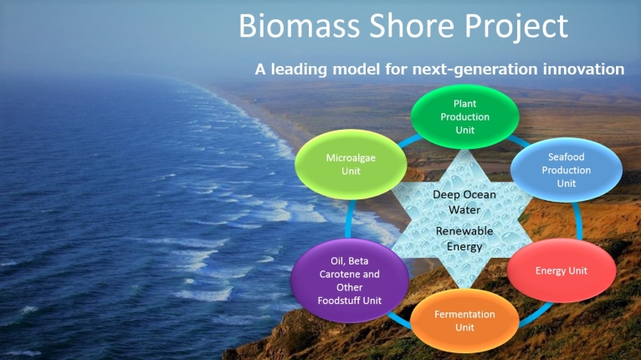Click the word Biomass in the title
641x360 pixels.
point(299,26)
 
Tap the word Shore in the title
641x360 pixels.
point(412,26)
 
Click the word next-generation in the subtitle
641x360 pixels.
point(475,69)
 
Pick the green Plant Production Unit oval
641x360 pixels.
point(464,116)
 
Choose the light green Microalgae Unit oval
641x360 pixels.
point(351,164)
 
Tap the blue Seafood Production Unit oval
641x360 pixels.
point(567,170)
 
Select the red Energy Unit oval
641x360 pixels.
point(562,270)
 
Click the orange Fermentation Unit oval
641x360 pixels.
point(464,321)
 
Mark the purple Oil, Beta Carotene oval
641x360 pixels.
point(350,280)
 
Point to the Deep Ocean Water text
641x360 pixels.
point(464,202)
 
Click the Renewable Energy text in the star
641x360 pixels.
point(464,239)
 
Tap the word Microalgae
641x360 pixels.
point(351,158)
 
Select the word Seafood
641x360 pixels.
point(567,157)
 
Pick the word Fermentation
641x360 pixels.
point(464,314)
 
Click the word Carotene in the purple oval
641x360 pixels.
point(337,274)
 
